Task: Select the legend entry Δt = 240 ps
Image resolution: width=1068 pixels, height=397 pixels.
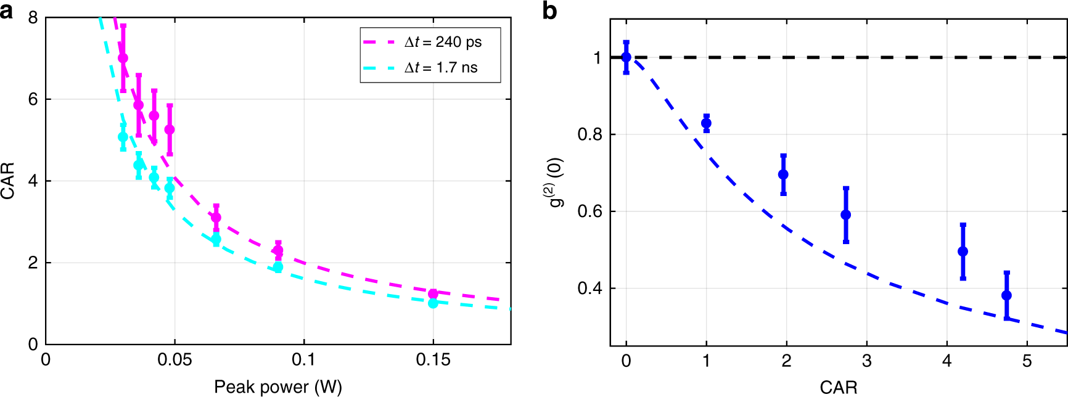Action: click(443, 42)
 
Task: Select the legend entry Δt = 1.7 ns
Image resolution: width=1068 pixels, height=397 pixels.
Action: click(440, 68)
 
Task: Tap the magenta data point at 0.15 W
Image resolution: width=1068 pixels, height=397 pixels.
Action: click(433, 293)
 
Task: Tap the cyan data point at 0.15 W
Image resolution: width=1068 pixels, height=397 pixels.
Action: click(433, 303)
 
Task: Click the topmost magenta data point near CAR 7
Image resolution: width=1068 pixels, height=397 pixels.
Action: click(123, 58)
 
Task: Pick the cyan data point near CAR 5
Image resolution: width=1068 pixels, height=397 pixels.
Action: click(123, 137)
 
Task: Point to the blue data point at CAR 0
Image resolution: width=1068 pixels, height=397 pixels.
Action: click(626, 57)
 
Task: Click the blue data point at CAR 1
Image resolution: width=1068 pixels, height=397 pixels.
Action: click(706, 123)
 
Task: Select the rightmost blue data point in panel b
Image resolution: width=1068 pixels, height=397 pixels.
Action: click(1006, 295)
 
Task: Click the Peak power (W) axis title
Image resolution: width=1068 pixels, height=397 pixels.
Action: click(277, 387)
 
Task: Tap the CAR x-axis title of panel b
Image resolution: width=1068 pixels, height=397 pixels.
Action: click(838, 387)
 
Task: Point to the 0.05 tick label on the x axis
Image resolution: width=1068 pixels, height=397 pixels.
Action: click(175, 360)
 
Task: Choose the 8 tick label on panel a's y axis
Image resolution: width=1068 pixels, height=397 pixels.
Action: click(33, 18)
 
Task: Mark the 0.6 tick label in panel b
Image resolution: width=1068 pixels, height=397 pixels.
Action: click(589, 211)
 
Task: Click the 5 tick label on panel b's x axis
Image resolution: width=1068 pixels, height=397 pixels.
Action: click(1027, 361)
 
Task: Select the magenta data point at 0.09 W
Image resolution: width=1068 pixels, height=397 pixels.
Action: click(278, 250)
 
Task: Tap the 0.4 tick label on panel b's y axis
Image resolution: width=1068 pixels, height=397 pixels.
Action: click(589, 289)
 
